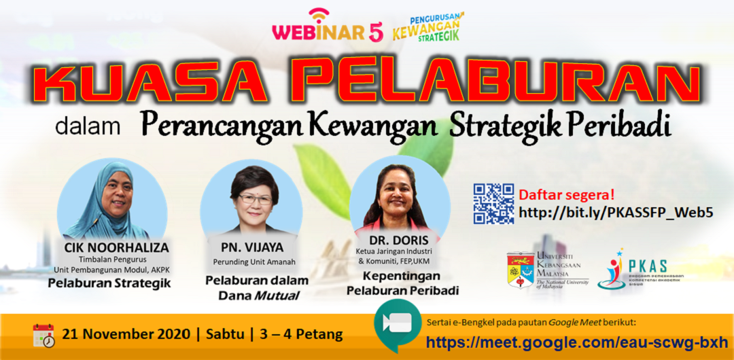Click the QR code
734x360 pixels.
[493, 204]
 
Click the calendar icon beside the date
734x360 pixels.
[43, 335]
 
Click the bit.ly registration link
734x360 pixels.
[616, 213]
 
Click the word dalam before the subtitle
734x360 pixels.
[88, 126]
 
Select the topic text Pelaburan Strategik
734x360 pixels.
[109, 283]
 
